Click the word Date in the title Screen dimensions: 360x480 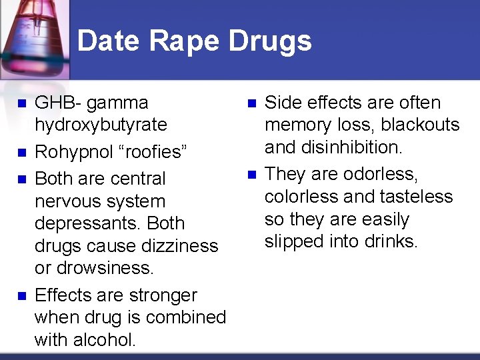[x=109, y=41]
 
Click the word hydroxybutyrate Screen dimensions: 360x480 [x=101, y=125]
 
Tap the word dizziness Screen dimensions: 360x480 [x=177, y=245]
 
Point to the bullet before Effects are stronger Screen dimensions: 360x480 [x=21, y=296]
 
